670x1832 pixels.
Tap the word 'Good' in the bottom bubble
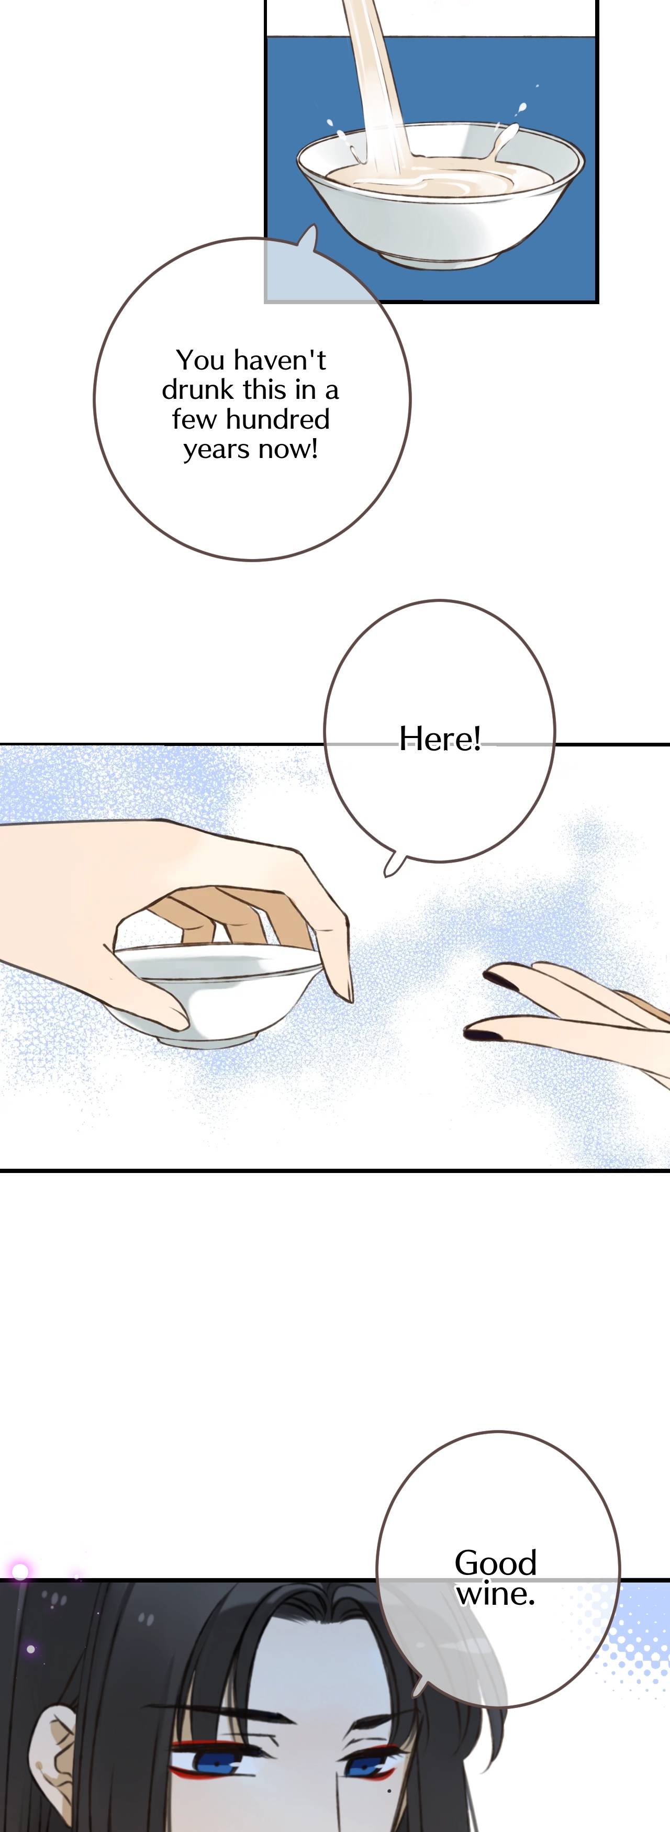pos(495,1562)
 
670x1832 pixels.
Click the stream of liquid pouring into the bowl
pos(377,85)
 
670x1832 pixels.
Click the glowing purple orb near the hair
pos(20,1571)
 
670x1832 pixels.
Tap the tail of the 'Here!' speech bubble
pos(393,866)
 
